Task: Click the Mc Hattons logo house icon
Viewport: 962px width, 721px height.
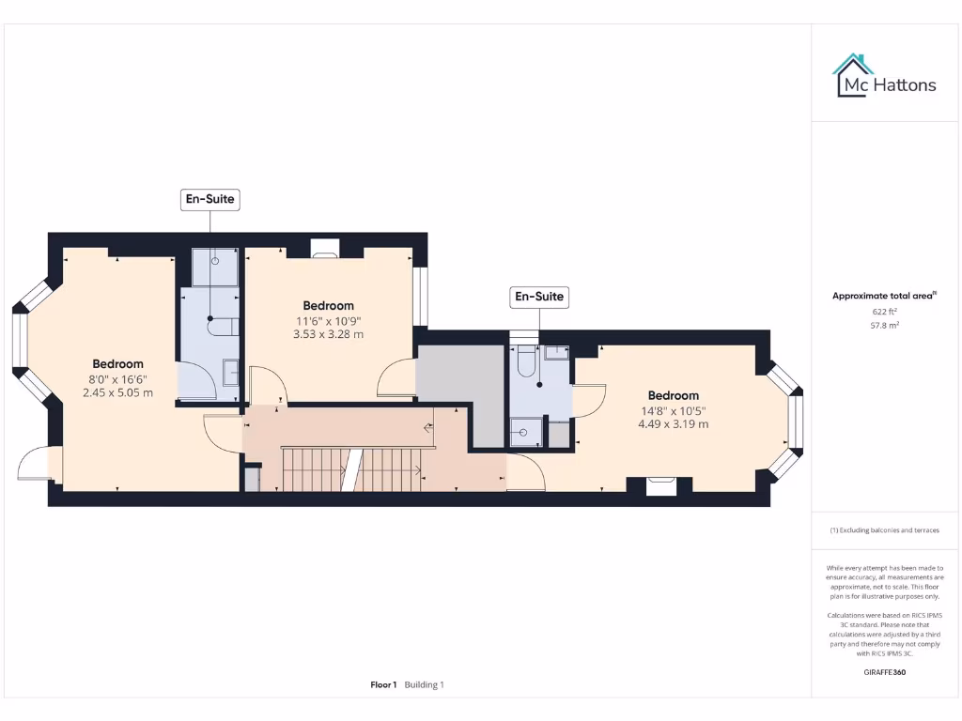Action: pyautogui.click(x=853, y=75)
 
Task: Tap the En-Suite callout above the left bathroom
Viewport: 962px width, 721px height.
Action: pyautogui.click(x=209, y=199)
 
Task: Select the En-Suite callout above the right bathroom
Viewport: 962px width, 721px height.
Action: pyautogui.click(x=539, y=297)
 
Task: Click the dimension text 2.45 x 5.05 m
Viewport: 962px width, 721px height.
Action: pyautogui.click(x=117, y=392)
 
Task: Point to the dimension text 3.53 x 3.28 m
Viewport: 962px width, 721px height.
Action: pyautogui.click(x=328, y=334)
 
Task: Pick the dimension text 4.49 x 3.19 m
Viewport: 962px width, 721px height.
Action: pyautogui.click(x=673, y=423)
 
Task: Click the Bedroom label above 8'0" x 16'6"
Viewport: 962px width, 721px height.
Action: pyautogui.click(x=117, y=364)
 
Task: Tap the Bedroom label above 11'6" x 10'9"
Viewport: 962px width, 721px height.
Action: pyautogui.click(x=328, y=305)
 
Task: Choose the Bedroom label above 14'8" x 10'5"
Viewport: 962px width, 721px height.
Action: pyautogui.click(x=673, y=395)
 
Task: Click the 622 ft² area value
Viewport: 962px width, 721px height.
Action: pyautogui.click(x=884, y=311)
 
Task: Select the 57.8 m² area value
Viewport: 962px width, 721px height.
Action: pyautogui.click(x=884, y=325)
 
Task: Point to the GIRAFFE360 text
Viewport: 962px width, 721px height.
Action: pyautogui.click(x=884, y=672)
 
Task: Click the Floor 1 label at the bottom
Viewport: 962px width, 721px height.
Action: pyautogui.click(x=383, y=684)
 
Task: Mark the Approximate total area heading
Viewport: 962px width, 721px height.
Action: pyautogui.click(x=884, y=296)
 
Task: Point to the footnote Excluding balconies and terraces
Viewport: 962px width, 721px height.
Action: pyautogui.click(x=884, y=530)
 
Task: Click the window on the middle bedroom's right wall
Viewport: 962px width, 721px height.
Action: pyautogui.click(x=421, y=298)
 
